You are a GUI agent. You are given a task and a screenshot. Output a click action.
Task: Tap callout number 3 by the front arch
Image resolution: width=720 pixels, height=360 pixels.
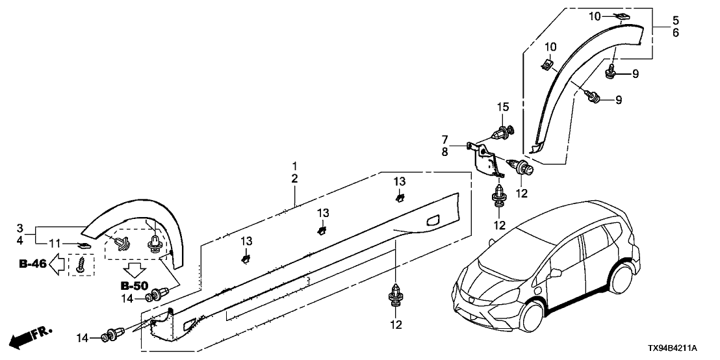[x=19, y=229]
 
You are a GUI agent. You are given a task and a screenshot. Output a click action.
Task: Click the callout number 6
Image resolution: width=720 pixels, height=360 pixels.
[x=676, y=32]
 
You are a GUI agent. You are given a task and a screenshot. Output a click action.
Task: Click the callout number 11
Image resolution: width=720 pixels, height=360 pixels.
[x=55, y=243]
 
